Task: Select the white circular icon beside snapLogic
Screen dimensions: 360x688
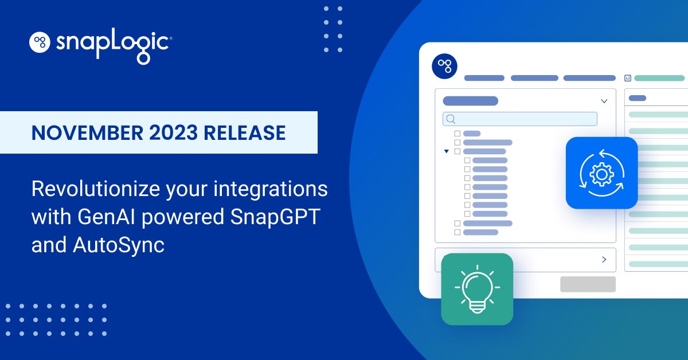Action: pyautogui.click(x=40, y=41)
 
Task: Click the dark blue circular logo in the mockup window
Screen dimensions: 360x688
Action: pyautogui.click(x=444, y=66)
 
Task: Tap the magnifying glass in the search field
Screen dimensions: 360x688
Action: pyautogui.click(x=451, y=119)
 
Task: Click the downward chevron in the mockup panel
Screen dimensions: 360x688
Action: pyautogui.click(x=604, y=101)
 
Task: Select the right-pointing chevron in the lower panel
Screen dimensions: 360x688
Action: pyautogui.click(x=604, y=260)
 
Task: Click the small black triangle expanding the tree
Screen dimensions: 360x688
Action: pyautogui.click(x=446, y=151)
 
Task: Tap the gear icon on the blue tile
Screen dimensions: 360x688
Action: pyautogui.click(x=601, y=173)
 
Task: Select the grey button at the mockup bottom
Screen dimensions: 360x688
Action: pyautogui.click(x=587, y=284)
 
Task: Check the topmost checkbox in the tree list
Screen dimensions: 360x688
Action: pyautogui.click(x=458, y=134)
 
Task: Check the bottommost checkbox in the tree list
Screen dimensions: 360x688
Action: pyautogui.click(x=458, y=232)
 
